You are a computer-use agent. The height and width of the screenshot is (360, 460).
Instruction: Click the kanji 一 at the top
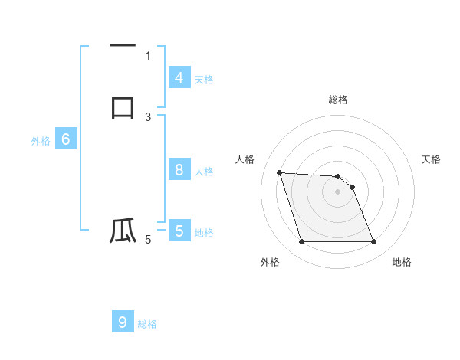point(122,47)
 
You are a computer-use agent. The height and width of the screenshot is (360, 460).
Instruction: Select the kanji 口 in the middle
point(122,106)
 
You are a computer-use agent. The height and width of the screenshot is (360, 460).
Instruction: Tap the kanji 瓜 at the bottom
point(122,231)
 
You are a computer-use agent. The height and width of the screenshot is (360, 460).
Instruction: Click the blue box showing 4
point(179,78)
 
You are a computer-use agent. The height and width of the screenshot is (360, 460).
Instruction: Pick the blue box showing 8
point(179,170)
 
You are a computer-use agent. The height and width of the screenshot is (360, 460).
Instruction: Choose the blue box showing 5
point(179,231)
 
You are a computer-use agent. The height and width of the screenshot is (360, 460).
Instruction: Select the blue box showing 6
point(66,139)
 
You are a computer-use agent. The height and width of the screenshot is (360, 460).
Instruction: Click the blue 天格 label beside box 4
point(204,80)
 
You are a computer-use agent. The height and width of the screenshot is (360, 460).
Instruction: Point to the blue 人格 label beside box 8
point(204,172)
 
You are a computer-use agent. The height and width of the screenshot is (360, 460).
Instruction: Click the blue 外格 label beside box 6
point(41,141)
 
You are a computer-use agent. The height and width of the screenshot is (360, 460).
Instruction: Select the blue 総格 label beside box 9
point(147,324)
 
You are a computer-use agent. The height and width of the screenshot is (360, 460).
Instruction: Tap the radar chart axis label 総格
point(338,100)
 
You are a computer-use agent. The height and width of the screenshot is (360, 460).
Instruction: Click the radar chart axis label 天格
point(432,159)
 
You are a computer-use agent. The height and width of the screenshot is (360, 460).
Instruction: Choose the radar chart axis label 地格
point(402,263)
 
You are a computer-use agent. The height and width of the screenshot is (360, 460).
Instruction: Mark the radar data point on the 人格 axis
point(279,172)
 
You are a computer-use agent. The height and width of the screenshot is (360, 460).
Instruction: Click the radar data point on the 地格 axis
point(373,242)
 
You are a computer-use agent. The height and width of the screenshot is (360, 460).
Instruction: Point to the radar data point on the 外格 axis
point(301,242)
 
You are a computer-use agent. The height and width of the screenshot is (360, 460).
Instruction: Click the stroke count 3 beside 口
point(148,117)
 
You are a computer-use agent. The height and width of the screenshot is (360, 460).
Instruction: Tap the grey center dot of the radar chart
point(338,191)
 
